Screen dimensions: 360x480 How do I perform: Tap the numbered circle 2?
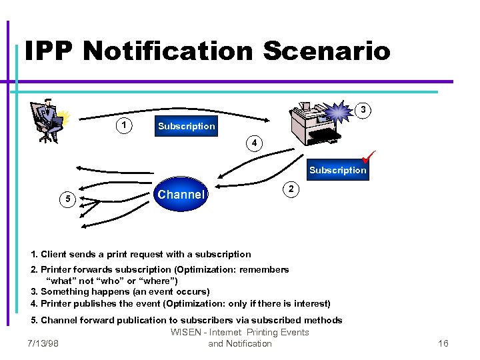(x=291, y=189)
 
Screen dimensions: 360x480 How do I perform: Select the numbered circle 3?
(x=363, y=109)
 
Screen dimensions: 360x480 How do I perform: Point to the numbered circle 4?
(x=253, y=143)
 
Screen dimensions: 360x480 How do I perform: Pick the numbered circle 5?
(x=66, y=198)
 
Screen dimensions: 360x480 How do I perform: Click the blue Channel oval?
(x=181, y=195)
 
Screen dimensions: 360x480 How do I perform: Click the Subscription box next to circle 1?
(x=186, y=126)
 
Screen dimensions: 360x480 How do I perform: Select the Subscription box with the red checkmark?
(x=337, y=170)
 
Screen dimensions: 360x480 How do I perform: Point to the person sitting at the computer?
(x=47, y=120)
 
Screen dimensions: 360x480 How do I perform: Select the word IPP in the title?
(x=51, y=51)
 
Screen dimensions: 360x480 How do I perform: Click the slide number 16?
(x=443, y=343)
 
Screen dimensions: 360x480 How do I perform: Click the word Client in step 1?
(x=55, y=254)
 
